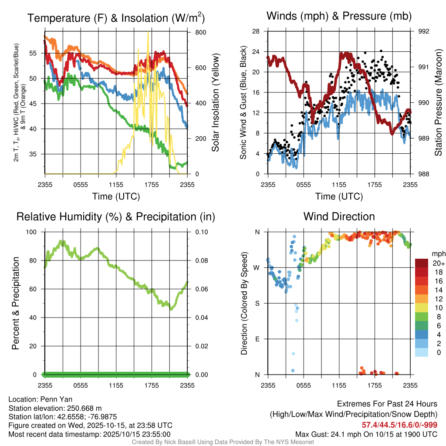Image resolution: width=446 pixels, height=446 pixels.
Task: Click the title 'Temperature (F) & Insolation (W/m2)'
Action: [116, 18]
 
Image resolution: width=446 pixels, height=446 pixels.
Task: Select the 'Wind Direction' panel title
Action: [339, 216]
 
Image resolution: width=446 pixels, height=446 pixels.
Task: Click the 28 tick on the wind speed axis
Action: [256, 31]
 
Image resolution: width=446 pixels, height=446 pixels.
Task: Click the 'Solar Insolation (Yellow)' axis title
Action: [216, 103]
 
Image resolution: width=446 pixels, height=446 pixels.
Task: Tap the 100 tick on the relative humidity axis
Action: [33, 232]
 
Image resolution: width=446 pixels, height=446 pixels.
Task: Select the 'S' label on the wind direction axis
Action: [258, 303]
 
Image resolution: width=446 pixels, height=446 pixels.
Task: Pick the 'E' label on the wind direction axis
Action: [258, 339]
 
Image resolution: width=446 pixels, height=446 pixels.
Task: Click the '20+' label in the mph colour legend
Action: [439, 264]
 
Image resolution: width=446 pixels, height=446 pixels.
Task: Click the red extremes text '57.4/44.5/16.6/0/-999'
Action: [399, 425]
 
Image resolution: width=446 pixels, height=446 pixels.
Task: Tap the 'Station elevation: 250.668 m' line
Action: [55, 408]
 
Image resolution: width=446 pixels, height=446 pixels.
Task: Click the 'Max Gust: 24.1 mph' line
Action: [366, 434]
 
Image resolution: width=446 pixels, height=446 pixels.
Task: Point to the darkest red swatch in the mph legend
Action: [422, 263]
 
